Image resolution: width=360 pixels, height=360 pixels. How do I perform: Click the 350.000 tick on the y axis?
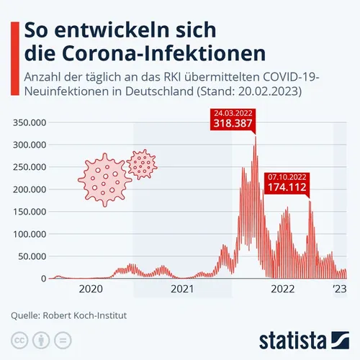click(31, 122)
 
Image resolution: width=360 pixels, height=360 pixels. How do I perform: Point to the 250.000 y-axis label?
click(31, 167)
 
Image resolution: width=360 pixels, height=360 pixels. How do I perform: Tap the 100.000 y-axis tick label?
click(31, 234)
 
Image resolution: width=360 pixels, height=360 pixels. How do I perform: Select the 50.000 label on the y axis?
click(33, 256)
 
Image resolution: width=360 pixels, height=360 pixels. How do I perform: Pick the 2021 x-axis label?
click(183, 289)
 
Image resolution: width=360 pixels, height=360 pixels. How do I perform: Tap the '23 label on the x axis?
click(339, 289)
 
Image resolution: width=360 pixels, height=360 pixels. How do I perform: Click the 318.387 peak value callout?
click(231, 124)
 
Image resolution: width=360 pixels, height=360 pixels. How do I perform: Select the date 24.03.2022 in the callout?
click(231, 113)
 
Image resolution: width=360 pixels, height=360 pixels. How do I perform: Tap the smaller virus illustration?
click(142, 164)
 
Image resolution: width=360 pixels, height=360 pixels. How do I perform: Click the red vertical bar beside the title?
click(13, 42)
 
